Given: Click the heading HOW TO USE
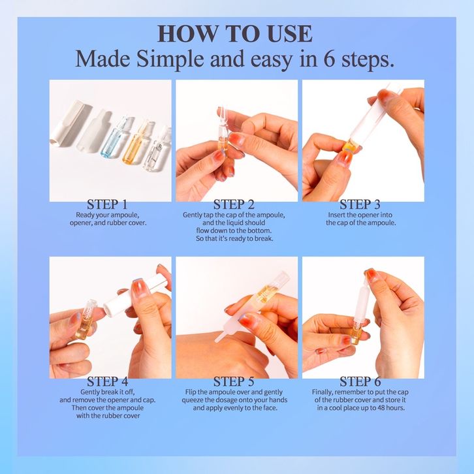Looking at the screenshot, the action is (235, 33).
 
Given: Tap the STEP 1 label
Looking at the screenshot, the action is (107, 204).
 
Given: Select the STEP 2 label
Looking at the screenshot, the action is (234, 204).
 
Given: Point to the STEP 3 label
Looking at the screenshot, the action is (360, 204).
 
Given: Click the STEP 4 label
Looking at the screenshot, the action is (107, 381).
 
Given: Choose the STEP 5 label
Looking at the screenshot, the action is (234, 381).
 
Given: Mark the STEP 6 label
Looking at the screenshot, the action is (360, 381).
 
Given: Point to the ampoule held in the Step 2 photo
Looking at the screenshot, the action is (223, 130).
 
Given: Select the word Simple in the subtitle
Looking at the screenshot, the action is (170, 59).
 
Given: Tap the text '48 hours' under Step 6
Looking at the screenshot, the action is (390, 408).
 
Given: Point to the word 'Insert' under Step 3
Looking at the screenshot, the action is (336, 215).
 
